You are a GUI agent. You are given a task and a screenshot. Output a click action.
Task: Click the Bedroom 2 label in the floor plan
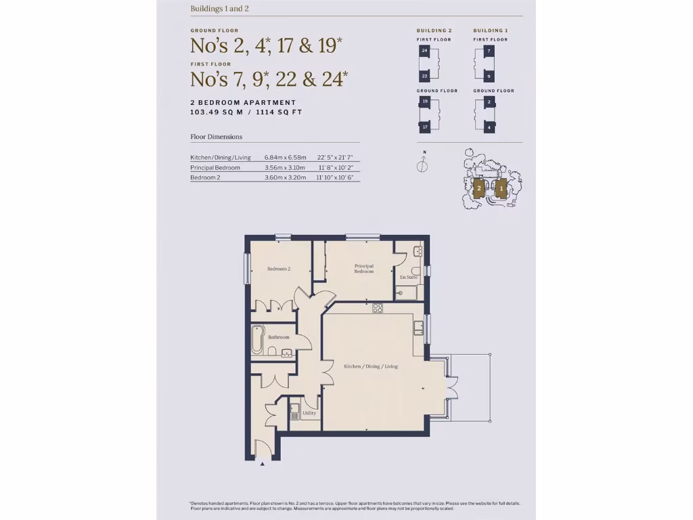point(278,269)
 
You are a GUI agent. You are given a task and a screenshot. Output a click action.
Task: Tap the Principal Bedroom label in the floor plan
point(363,269)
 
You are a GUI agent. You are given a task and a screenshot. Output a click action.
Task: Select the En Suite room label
point(409,278)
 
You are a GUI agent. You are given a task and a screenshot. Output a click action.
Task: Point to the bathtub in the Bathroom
point(257,340)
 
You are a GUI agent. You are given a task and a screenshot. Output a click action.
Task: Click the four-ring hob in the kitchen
point(378,308)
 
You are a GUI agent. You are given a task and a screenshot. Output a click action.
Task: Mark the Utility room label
point(309,413)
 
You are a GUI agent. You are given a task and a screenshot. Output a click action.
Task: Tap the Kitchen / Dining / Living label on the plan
point(371,366)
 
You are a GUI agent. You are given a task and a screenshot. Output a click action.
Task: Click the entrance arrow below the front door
point(262,464)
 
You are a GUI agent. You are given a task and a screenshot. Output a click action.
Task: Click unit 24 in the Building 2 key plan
point(424,51)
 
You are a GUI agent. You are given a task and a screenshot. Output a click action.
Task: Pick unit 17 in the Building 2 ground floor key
point(424,127)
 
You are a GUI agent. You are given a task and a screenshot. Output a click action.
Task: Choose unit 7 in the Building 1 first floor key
point(489,51)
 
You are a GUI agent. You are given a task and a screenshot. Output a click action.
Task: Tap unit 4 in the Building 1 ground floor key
point(489,127)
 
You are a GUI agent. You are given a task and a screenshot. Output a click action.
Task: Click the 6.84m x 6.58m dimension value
point(285,158)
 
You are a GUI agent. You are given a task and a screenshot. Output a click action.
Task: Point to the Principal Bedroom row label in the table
point(215,167)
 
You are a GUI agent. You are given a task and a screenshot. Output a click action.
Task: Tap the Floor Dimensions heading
point(216,137)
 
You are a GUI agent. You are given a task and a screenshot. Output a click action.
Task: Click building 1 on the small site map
point(500,188)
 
